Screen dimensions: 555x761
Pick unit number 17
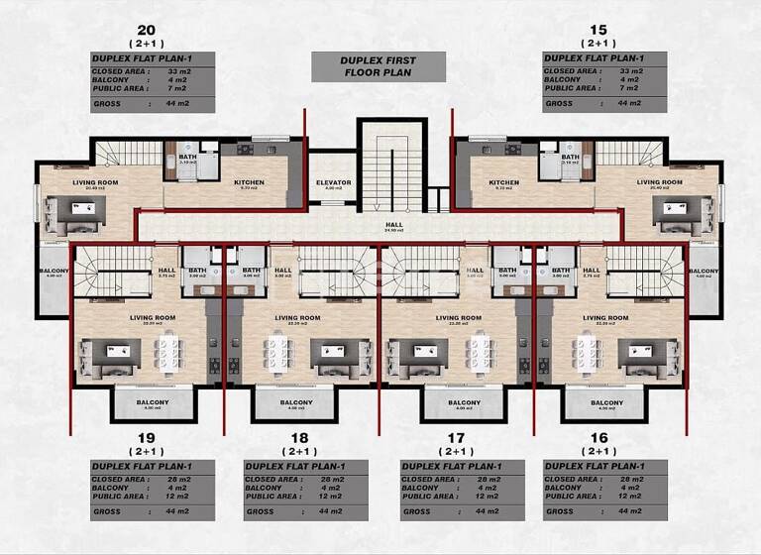(x=456, y=438)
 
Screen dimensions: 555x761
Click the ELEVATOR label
(x=334, y=182)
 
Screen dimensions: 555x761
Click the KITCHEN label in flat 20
(x=249, y=182)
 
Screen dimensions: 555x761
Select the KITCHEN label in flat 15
(x=503, y=182)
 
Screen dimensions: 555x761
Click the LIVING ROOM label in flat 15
(x=659, y=182)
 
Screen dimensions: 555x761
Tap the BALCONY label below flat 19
(x=152, y=402)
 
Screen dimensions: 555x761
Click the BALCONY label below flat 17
(x=464, y=402)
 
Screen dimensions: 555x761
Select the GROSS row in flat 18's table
(x=297, y=511)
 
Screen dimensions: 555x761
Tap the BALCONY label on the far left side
(x=54, y=271)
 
